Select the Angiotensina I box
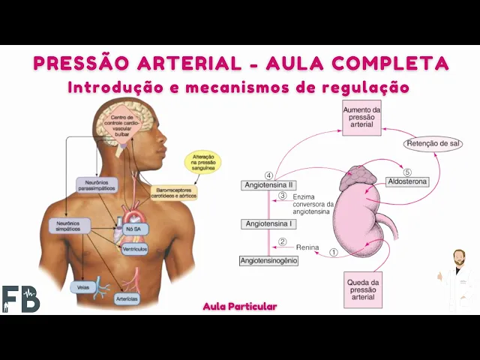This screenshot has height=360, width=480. coord(268,223)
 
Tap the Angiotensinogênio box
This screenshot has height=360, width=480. coord(268,260)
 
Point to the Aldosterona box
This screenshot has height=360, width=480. coord(408,181)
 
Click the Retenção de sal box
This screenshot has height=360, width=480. coord(432,143)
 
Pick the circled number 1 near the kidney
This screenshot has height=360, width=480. coord(334,253)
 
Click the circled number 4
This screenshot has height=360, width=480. coord(268,175)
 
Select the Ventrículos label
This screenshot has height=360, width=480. coord(135,248)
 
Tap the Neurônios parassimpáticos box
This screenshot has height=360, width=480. coord(97,184)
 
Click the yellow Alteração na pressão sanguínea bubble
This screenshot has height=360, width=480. coord(202,163)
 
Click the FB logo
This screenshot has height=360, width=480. coord(20,298)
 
